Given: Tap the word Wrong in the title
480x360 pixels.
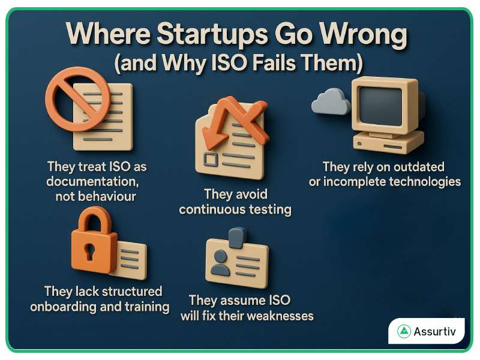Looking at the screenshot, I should pyautogui.click(x=362, y=36).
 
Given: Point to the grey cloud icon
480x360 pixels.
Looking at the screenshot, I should pyautogui.click(x=331, y=103).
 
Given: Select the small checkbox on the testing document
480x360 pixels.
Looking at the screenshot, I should pyautogui.click(x=211, y=159).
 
